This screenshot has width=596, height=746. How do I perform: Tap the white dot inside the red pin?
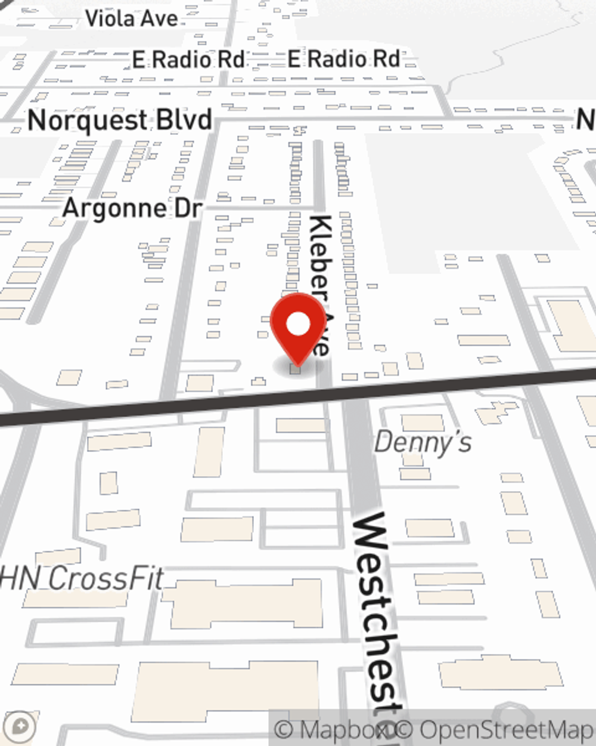(x=299, y=325)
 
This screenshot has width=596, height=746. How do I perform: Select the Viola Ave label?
(x=132, y=19)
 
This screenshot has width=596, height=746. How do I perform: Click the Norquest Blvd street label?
(x=120, y=121)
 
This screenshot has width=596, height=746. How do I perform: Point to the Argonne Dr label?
(x=132, y=208)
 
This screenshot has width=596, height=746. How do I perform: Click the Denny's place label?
(x=423, y=443)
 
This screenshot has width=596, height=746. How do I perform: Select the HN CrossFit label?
(x=82, y=579)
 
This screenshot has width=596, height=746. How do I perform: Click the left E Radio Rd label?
(x=188, y=60)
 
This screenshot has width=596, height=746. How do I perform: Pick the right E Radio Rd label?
(x=343, y=59)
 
